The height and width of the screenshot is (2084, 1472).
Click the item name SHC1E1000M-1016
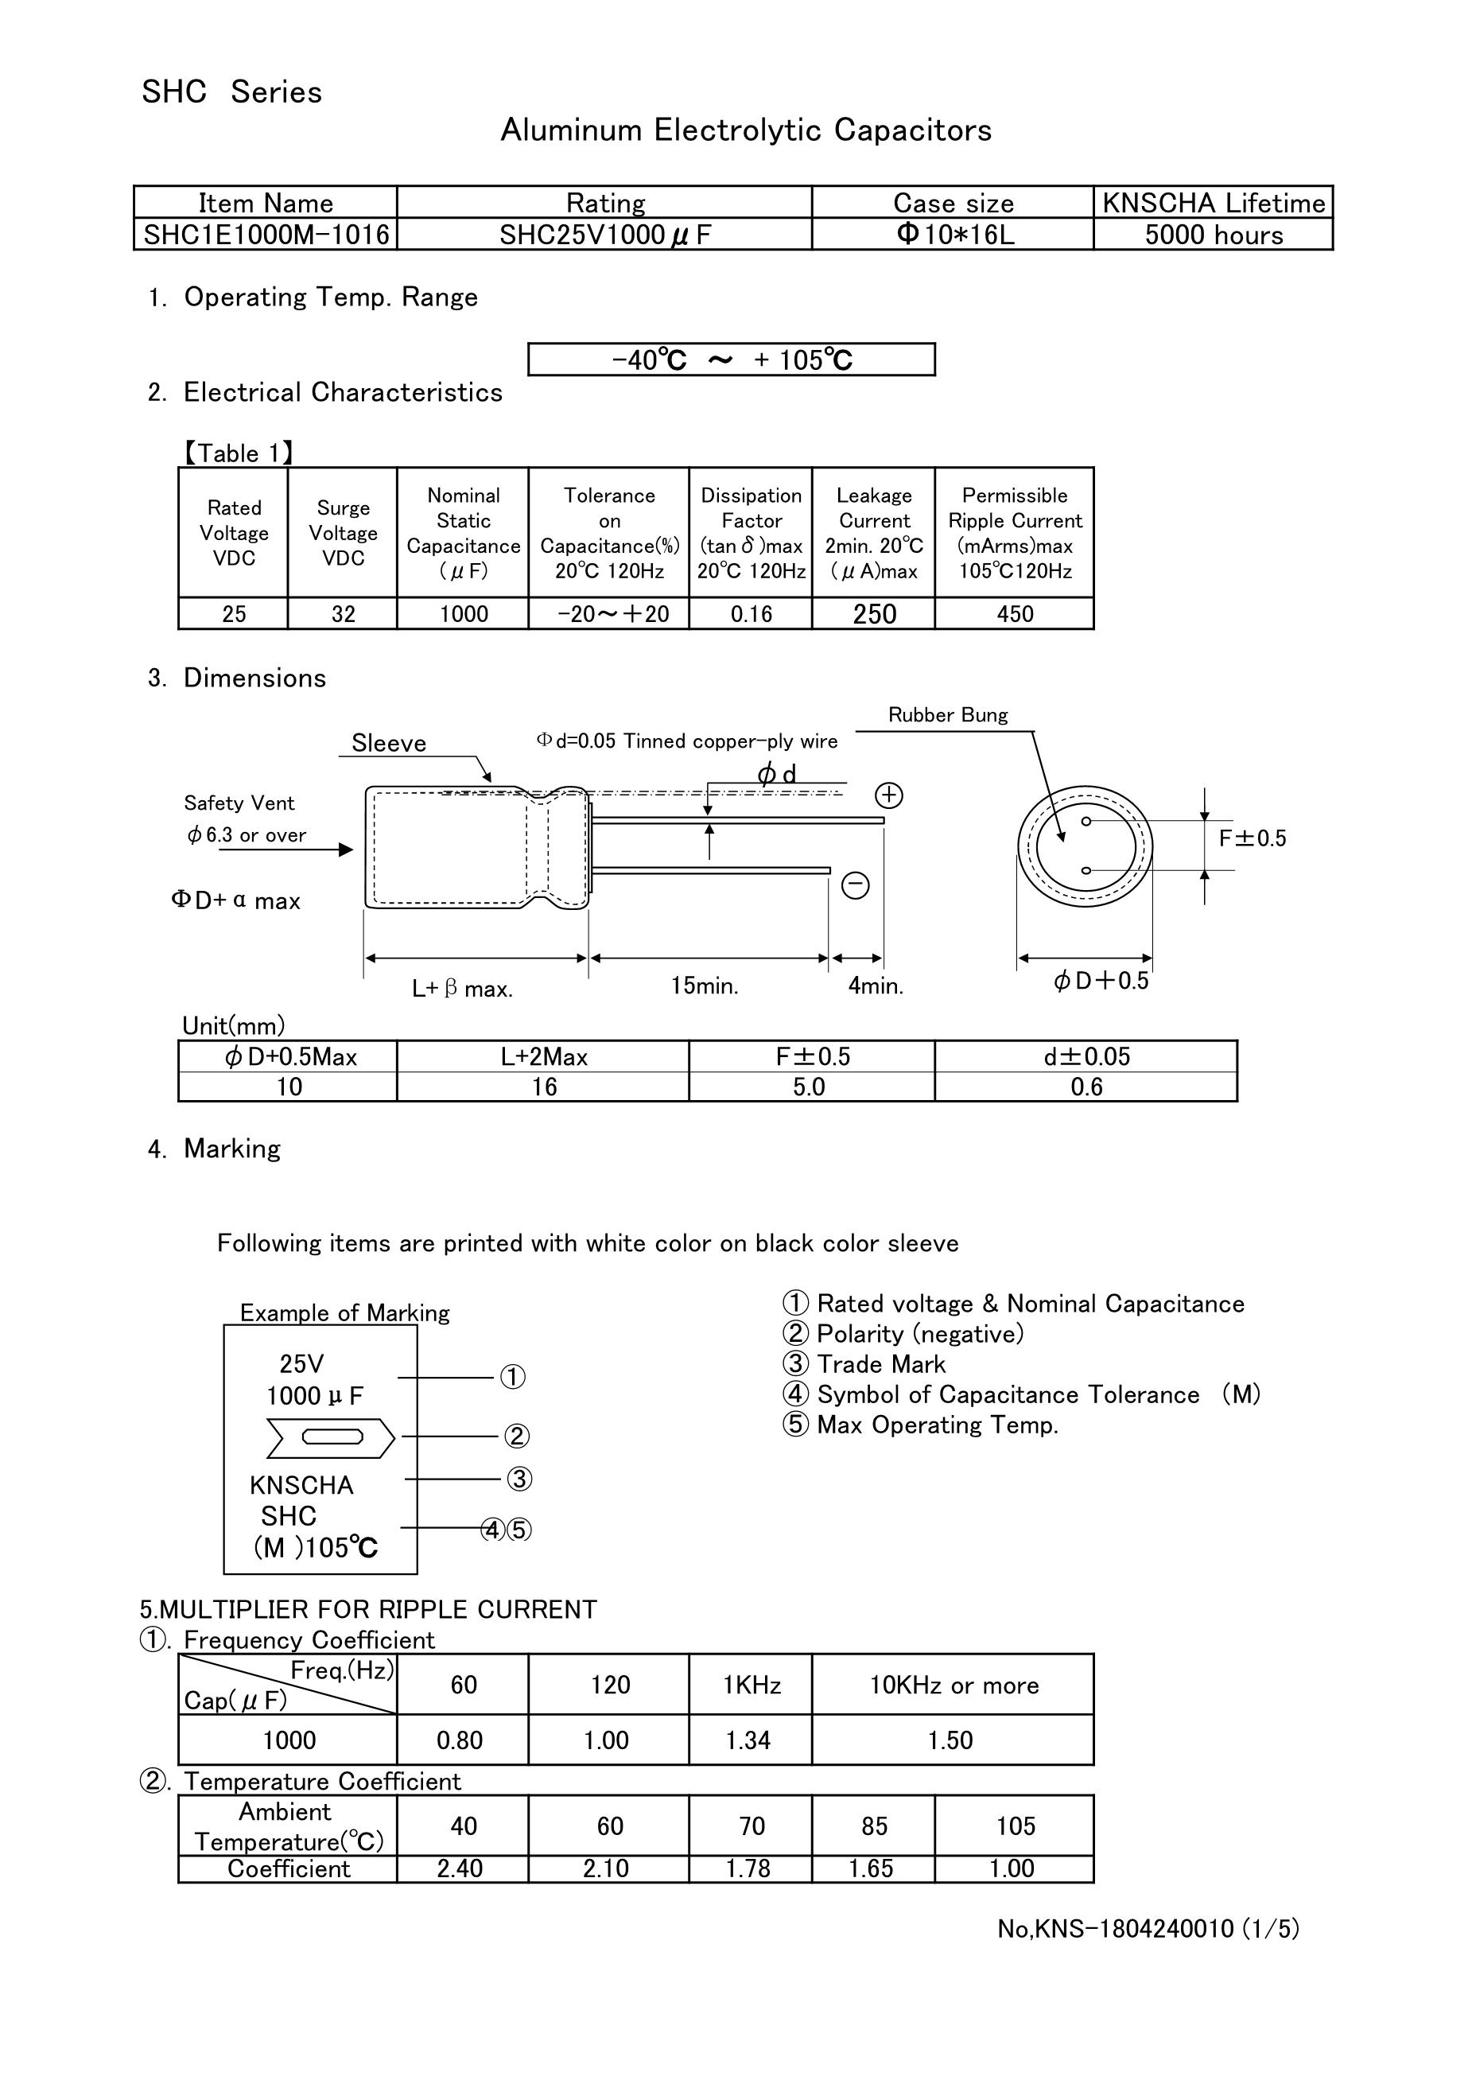tap(266, 235)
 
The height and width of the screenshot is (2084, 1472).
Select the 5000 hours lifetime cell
tap(1214, 235)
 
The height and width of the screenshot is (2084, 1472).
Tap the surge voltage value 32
tap(343, 615)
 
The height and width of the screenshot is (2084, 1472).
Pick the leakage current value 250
tap(874, 615)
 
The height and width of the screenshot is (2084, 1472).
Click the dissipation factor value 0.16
tap(752, 615)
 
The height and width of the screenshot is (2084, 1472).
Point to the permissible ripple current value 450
tap(1015, 615)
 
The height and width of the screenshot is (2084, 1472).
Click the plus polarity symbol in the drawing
tap(888, 796)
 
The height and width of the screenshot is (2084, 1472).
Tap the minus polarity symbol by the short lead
tap(856, 885)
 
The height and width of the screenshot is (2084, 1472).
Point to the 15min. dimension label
tap(705, 986)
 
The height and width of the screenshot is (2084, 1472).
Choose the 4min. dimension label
tap(876, 986)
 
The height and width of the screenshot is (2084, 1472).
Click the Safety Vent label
tap(239, 803)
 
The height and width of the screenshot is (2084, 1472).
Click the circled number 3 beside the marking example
tap(519, 1479)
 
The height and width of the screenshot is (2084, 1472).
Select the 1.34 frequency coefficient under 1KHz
tap(748, 1740)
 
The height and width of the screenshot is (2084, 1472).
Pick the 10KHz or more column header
tap(953, 1685)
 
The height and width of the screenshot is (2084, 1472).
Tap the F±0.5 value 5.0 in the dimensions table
tap(810, 1087)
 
